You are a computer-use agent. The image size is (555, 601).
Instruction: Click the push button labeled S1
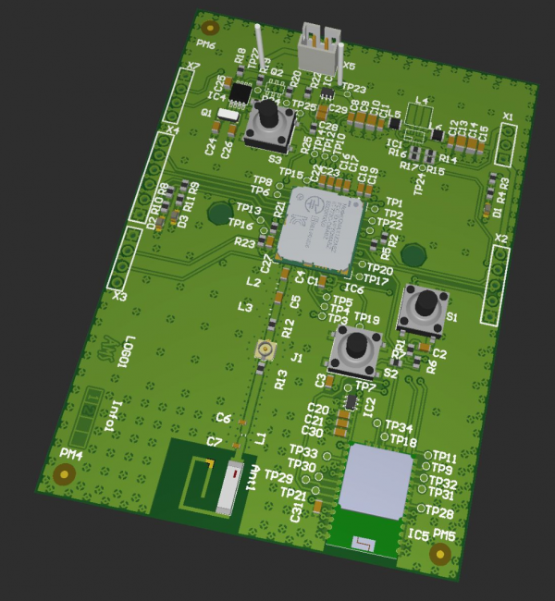tap(423, 308)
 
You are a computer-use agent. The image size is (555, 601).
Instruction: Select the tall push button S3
tap(267, 124)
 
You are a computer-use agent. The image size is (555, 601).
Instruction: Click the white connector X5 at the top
tap(320, 52)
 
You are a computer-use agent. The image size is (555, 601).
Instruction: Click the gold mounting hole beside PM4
tap(64, 474)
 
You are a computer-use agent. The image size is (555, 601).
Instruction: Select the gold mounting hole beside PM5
tap(440, 554)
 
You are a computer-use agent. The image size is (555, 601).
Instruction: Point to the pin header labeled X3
tap(124, 263)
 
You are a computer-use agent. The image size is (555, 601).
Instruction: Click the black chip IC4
tap(240, 93)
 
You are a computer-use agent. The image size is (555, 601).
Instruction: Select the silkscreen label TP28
tap(439, 512)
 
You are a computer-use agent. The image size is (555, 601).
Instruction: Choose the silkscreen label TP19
tap(367, 318)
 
